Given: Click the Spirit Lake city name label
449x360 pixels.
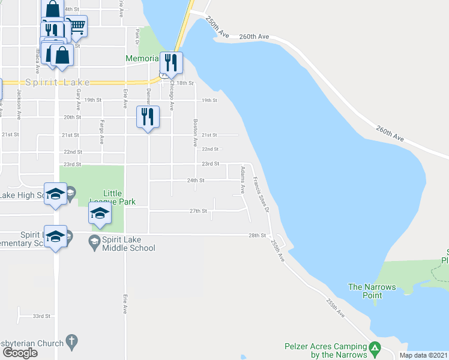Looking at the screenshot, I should tap(58, 82).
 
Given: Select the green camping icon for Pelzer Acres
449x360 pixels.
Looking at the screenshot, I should tap(375, 347).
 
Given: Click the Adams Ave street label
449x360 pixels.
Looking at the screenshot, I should tap(243, 179).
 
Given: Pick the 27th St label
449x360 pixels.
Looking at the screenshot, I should tap(198, 211).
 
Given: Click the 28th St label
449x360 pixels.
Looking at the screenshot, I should tap(258, 235).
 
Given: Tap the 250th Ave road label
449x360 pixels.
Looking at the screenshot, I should tap(217, 28).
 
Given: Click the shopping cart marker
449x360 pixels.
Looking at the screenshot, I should tap(76, 26).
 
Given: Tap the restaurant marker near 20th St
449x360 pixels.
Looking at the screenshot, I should tap(148, 116).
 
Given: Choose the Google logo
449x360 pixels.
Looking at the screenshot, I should tap(20, 353).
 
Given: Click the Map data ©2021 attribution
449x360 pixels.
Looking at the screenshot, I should tap(423, 355).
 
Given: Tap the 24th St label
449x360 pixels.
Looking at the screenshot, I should tap(196, 180).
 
